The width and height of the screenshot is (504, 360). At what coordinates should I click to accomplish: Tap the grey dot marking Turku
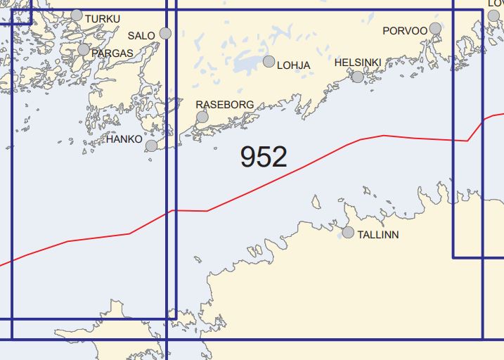coord(77,15)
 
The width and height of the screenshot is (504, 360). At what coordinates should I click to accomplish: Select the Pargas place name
coord(112,53)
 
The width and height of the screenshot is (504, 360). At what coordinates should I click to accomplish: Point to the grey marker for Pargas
coord(84,50)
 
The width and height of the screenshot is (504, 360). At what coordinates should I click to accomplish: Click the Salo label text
coord(142,35)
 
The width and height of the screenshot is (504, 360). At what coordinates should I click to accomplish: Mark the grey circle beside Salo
coord(166,33)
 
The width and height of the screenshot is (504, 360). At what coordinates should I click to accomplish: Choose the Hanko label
coord(123,140)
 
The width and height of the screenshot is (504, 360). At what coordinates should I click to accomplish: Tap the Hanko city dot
coord(151,146)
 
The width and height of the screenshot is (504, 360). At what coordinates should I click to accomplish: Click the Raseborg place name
coord(224,104)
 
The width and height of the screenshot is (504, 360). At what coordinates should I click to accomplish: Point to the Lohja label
coord(294,65)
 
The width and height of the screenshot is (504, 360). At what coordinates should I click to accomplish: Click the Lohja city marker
coord(269,61)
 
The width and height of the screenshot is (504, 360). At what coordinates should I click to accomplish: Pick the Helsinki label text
coord(358,63)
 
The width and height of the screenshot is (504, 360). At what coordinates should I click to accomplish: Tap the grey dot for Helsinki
coord(358,77)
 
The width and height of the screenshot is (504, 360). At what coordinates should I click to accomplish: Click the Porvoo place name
coord(405,31)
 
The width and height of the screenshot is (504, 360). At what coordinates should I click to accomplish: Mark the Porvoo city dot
coord(435,29)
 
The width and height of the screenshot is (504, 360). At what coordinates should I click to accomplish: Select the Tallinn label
coord(378,234)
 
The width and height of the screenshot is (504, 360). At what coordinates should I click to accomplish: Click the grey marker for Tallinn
coord(348,232)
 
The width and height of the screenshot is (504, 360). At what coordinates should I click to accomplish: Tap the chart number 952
coord(264,157)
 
